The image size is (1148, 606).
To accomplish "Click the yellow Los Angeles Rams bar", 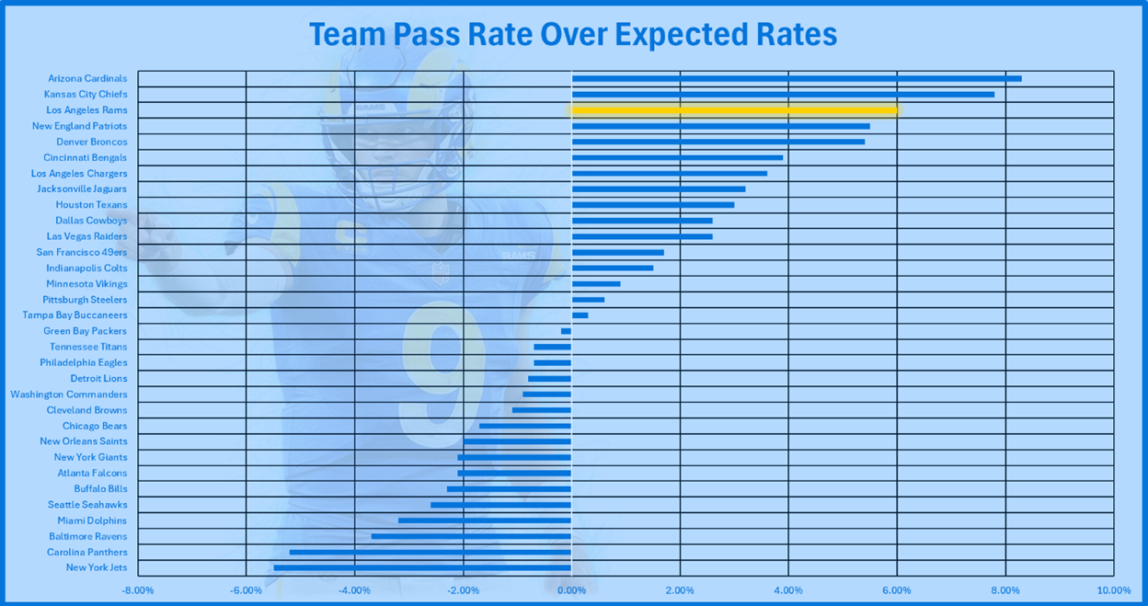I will click(734, 110).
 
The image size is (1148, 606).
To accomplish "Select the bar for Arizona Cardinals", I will click(796, 78).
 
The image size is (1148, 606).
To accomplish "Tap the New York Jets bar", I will click(422, 567).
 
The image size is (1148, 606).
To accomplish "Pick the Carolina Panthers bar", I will click(430, 552).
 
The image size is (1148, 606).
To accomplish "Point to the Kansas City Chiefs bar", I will click(783, 94).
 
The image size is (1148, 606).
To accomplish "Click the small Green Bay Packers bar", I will click(566, 331).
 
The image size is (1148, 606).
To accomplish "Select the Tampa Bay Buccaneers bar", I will click(580, 315).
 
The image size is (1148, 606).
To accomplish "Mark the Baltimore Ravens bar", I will click(471, 536).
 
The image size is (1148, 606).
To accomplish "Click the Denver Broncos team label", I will click(92, 142).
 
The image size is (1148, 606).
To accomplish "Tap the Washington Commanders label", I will click(69, 394).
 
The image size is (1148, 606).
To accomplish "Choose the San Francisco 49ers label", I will click(82, 252).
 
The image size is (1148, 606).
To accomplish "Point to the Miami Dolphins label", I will click(92, 520).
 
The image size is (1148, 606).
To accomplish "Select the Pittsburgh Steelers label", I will click(85, 300).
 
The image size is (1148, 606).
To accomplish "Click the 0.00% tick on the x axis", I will click(571, 589).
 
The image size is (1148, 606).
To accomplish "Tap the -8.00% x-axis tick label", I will click(138, 589).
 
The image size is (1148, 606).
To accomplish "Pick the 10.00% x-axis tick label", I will click(1113, 589).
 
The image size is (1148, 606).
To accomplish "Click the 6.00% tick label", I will click(897, 589).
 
